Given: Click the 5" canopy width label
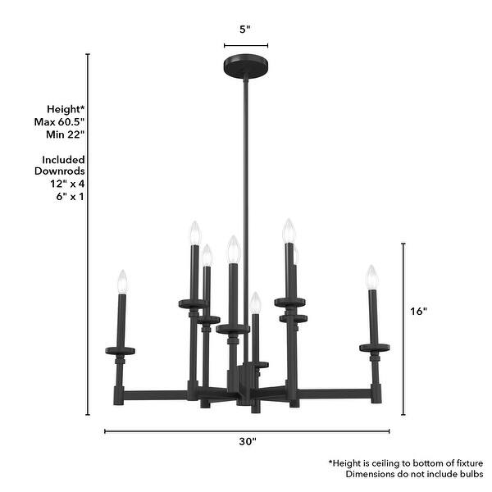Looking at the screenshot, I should (244, 29).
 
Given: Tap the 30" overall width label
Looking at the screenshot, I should (247, 442).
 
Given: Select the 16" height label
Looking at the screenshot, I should (418, 312).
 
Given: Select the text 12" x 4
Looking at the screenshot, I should (67, 184).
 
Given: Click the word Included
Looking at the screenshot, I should (64, 160).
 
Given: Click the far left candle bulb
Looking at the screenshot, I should (123, 281).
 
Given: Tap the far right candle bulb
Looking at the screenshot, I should (371, 276).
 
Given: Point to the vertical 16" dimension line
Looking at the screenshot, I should (403, 328).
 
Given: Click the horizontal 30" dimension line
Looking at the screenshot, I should (247, 429).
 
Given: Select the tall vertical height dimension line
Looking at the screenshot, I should (89, 238).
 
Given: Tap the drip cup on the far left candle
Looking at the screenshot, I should (121, 351).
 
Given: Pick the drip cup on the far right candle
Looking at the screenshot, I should (374, 348).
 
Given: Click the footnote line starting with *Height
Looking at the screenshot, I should (406, 462).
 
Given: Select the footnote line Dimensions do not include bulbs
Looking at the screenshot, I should (414, 474).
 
